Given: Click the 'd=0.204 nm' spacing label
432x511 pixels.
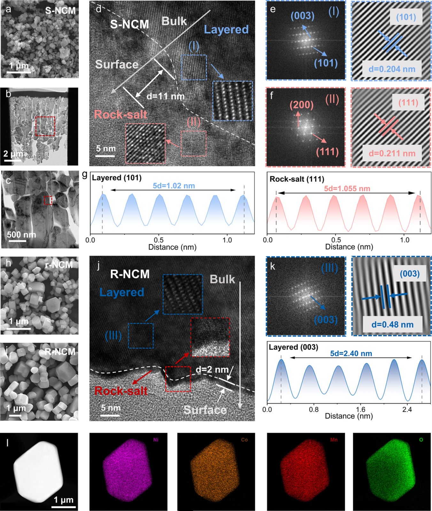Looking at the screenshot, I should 392,69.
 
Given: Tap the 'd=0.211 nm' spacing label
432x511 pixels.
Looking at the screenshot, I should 392,153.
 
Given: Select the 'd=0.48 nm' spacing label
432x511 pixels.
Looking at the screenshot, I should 392,324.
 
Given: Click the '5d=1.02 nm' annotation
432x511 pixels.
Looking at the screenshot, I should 174,186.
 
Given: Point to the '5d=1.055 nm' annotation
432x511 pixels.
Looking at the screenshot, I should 347,188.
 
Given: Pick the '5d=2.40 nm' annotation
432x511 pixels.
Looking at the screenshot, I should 351,353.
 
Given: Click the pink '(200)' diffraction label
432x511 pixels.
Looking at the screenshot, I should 301,105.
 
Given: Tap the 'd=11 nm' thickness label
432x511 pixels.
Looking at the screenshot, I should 166,96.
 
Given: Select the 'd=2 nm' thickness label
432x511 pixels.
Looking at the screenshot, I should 212,370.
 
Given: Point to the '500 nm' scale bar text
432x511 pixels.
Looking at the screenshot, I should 21,235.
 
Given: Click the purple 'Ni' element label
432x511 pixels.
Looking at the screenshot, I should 156,440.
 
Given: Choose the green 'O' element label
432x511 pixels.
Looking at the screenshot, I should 421,440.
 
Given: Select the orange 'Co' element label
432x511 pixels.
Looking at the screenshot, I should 244,440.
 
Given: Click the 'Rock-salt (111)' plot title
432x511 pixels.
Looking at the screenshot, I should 297,179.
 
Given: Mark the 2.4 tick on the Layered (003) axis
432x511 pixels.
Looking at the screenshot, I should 407,409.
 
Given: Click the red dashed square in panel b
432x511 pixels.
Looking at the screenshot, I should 45,126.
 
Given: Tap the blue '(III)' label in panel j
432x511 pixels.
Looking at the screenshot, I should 113,336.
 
